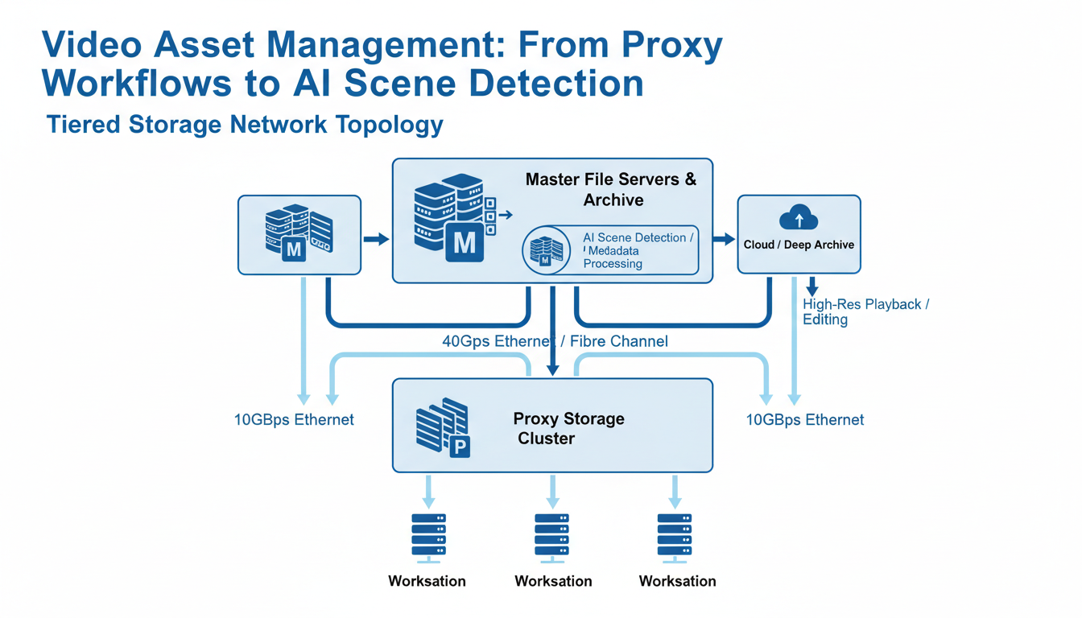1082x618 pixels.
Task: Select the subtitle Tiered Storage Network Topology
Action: (x=245, y=125)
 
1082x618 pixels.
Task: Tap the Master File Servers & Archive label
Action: (x=611, y=189)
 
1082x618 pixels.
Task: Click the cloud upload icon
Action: (x=799, y=217)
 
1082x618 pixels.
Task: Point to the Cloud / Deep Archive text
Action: (x=799, y=245)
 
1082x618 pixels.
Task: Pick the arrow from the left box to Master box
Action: (x=376, y=239)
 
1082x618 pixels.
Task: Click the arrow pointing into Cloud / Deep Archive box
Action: (x=725, y=239)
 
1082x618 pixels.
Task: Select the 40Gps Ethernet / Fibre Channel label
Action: (x=555, y=341)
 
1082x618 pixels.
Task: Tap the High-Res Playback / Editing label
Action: (x=865, y=312)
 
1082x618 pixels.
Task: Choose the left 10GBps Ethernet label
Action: (x=294, y=419)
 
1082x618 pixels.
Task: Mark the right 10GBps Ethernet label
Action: (x=804, y=419)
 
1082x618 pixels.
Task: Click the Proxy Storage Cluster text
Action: (x=568, y=428)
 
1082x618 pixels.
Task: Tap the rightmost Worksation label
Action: (x=677, y=581)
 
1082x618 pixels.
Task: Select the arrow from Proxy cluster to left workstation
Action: (x=428, y=489)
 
